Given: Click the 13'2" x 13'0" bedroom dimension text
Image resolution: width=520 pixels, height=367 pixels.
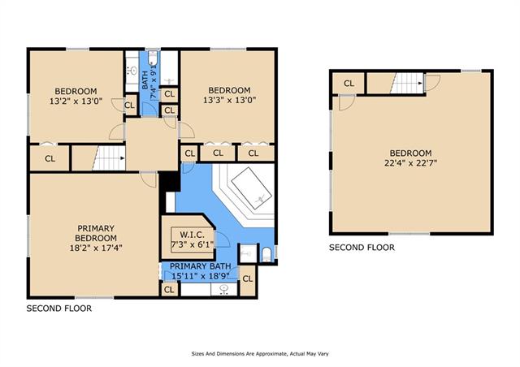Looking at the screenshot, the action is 76,101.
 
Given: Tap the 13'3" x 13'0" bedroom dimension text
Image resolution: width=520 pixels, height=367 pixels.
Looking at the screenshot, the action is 229,100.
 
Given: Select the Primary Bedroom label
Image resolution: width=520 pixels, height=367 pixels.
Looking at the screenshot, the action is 96,233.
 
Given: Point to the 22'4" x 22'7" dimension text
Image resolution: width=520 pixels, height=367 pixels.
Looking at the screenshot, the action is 410,163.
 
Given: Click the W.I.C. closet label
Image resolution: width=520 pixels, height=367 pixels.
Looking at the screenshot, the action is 192,235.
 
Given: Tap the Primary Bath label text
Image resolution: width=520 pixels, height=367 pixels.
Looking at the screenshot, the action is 201,266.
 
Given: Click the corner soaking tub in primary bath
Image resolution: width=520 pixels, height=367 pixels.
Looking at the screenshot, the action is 252,188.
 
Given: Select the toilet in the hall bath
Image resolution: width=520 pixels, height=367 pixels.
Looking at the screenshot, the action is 153,58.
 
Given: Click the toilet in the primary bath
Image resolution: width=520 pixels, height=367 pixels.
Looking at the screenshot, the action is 266,255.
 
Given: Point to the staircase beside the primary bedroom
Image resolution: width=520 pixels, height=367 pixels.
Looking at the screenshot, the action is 109,158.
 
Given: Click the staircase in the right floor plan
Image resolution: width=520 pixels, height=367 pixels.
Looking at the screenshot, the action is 407,83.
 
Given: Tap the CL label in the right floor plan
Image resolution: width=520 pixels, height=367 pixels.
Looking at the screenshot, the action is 349,84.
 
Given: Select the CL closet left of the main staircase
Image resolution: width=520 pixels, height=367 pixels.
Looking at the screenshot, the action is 50,158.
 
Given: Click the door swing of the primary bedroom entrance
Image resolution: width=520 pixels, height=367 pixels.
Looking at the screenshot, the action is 148,179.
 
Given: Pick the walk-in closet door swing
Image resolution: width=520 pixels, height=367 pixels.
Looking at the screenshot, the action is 222,240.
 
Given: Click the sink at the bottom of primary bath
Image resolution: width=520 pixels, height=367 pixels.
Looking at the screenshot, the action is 224,289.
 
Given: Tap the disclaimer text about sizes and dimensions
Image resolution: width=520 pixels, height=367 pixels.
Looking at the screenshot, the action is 260,354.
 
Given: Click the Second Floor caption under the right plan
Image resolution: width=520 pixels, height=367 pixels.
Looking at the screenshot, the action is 362,248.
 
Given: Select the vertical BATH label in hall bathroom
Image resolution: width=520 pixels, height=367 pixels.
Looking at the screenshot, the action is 145,80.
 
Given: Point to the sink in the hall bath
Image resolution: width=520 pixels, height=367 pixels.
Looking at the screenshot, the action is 132,71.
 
